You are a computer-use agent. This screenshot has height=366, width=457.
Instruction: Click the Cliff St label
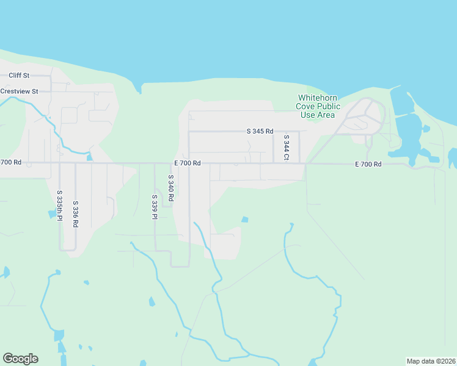pos(19,76)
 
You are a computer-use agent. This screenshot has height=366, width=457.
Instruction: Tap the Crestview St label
pos(19,91)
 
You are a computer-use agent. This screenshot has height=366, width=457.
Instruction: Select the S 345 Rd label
pos(260,131)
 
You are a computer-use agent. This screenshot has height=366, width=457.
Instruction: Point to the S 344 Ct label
pos(285,149)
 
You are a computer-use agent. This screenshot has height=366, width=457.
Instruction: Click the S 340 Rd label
pos(171,188)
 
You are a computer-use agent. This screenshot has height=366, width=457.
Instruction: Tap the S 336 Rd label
pos(75,215)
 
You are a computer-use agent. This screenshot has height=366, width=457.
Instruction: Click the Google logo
pos(20,359)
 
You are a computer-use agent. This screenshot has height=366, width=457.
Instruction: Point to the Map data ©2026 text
pos(431,361)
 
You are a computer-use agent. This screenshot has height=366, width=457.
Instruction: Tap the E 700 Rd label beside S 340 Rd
pos(188,163)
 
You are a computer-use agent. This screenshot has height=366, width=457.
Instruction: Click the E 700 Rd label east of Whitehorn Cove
pos(369,164)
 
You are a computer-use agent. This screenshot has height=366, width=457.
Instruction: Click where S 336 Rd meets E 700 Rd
pos(75,163)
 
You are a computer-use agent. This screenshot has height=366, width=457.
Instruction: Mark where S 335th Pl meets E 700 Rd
pos(60,163)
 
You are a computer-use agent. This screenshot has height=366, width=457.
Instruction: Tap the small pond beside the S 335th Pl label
pos(51,214)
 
